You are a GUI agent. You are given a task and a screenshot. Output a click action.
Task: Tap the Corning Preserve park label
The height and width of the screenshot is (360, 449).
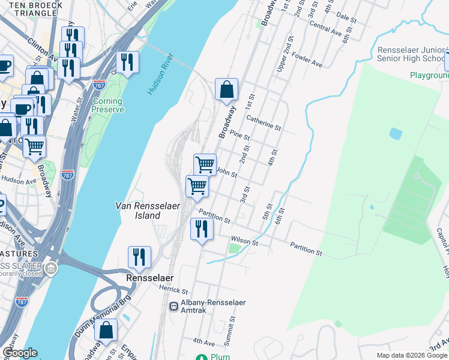click(108, 106)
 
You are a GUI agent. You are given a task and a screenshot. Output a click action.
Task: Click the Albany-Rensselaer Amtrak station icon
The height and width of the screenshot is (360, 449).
click(174, 306)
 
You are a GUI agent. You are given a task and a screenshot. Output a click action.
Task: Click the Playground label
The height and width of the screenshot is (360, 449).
click(429, 76)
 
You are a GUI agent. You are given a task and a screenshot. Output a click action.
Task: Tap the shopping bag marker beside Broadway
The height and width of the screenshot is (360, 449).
click(227, 90)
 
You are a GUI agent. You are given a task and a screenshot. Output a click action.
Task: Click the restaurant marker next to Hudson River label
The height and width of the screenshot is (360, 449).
click(127, 62)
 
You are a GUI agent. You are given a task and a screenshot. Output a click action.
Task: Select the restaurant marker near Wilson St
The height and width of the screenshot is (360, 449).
click(201, 229)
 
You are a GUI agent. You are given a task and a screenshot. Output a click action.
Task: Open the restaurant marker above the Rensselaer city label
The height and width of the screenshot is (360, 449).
click(139, 257)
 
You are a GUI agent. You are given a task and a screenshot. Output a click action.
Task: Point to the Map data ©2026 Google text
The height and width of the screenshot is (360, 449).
click(412, 355)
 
